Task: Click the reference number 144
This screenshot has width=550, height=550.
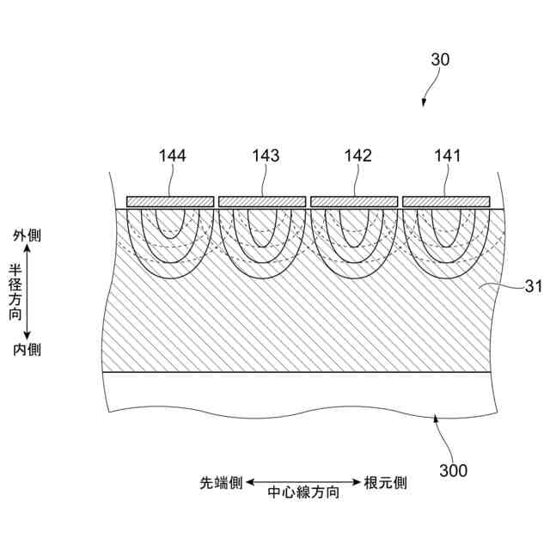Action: tap(172, 156)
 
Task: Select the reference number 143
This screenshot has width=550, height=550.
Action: tap(266, 156)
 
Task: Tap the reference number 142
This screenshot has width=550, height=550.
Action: tap(357, 156)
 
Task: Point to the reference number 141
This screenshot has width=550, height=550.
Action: tap(447, 156)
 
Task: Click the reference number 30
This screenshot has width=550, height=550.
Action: tap(440, 60)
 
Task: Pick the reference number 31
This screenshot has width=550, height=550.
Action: tap(533, 288)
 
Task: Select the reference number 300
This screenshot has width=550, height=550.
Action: tap(453, 470)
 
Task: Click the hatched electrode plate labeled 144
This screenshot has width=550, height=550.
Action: tap(170, 201)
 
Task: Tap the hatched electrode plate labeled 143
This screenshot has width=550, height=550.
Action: tap(262, 201)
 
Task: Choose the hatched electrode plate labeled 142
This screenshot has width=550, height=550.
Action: tap(354, 201)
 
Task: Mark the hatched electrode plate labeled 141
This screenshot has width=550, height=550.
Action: tap(446, 201)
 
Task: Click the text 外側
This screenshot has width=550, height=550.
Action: tap(27, 235)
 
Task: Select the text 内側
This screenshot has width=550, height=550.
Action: tap(27, 350)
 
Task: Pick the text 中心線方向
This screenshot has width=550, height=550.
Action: tap(303, 493)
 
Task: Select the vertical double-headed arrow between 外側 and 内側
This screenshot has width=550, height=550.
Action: tap(27, 292)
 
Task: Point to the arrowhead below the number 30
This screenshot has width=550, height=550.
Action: tap(423, 103)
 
